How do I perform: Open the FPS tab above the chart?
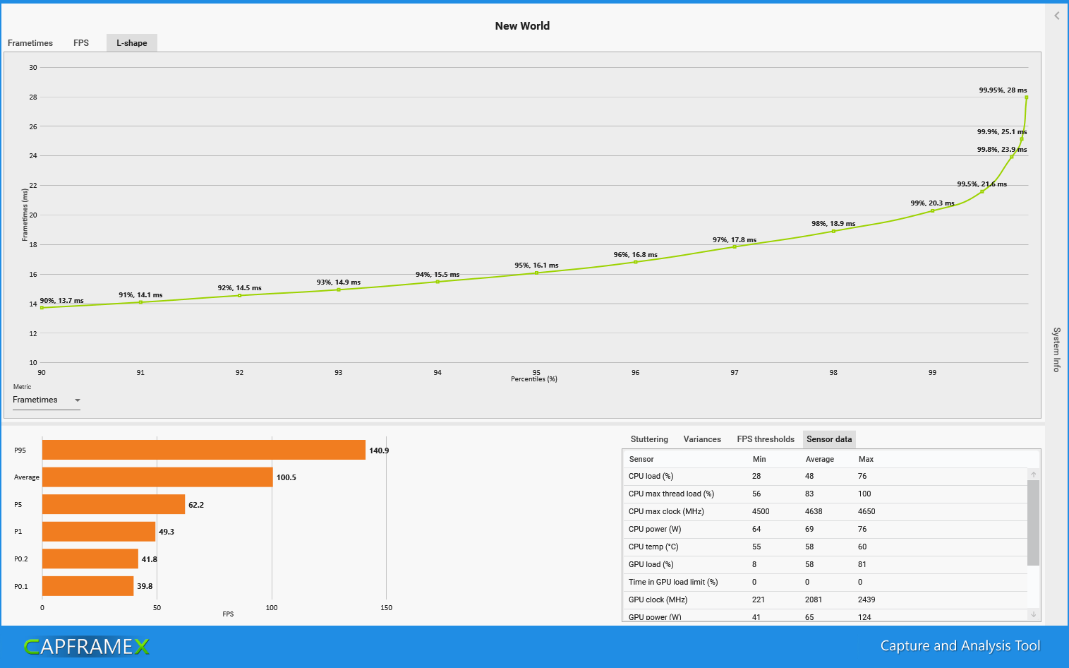(x=81, y=43)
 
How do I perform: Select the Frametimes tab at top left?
(x=30, y=43)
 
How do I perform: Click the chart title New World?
(x=522, y=26)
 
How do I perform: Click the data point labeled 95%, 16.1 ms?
(x=536, y=273)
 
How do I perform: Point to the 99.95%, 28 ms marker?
(x=1026, y=97)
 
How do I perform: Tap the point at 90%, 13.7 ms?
(x=42, y=308)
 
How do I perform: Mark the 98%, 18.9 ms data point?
(x=833, y=231)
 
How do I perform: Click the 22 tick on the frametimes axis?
(x=33, y=186)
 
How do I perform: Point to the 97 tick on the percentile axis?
(x=735, y=373)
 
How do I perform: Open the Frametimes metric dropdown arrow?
(x=78, y=400)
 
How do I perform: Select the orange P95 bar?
(x=204, y=451)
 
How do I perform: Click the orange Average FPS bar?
(x=157, y=477)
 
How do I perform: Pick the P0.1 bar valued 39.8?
(x=88, y=586)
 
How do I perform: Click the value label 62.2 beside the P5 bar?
(x=196, y=505)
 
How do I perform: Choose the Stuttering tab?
(x=649, y=439)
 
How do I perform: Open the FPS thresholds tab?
(x=766, y=439)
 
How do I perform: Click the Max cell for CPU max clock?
(x=866, y=512)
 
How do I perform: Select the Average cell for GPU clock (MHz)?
(x=814, y=600)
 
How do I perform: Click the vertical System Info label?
(x=1056, y=350)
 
